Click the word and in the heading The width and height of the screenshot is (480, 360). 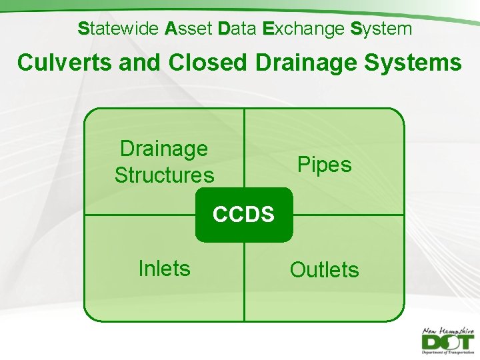pos(137,63)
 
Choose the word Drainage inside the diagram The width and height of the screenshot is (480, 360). pos(163,149)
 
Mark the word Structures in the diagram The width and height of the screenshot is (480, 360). pos(164,175)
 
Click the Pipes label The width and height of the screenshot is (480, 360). pos(324,164)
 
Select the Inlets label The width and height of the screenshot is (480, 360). pos(164,268)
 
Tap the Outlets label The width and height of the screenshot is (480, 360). pos(324,270)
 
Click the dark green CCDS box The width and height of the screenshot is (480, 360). pos(243,215)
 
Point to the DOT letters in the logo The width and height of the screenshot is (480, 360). pos(447,342)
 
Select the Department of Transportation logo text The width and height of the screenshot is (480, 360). pos(448,353)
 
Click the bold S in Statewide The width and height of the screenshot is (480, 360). pos(83,29)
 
